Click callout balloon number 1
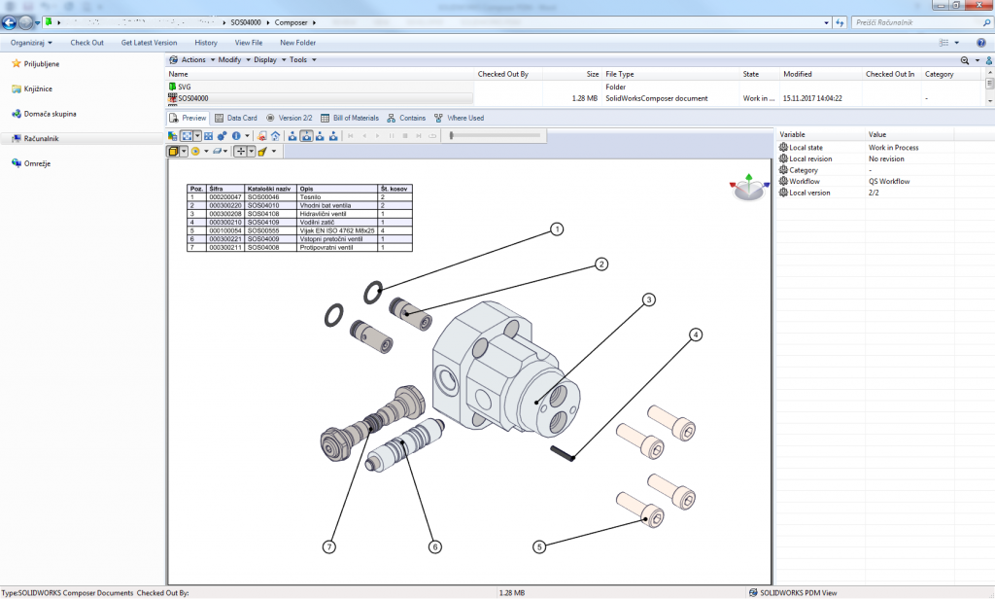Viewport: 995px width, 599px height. tap(557, 229)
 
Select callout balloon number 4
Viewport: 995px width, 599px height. tap(695, 335)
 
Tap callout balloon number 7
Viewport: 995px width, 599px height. tap(330, 546)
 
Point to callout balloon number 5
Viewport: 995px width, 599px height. tap(539, 546)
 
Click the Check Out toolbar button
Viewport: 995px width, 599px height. tap(86, 43)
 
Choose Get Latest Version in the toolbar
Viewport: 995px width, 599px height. tap(149, 43)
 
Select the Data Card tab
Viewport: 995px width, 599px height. tap(235, 118)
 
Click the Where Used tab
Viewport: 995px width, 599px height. tap(459, 118)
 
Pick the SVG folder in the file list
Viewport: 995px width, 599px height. tap(184, 87)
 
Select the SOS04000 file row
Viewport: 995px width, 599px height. tap(192, 98)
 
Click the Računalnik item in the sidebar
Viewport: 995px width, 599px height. tap(41, 139)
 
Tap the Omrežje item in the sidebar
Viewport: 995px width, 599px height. tap(37, 163)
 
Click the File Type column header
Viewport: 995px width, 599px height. tap(619, 74)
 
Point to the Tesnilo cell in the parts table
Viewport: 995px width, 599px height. tap(310, 197)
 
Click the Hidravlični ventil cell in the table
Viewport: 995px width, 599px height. tap(324, 214)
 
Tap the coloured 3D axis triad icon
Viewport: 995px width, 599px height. tap(746, 189)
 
